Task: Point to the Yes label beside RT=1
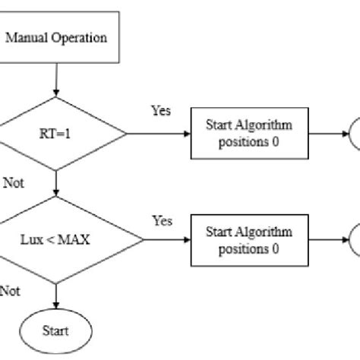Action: pyautogui.click(x=160, y=111)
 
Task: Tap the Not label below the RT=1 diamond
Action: pyautogui.click(x=14, y=182)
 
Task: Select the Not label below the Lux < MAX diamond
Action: pyautogui.click(x=9, y=289)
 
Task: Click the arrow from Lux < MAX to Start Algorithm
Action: pyautogui.click(x=167, y=242)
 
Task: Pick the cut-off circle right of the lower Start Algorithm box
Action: pyautogui.click(x=354, y=242)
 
